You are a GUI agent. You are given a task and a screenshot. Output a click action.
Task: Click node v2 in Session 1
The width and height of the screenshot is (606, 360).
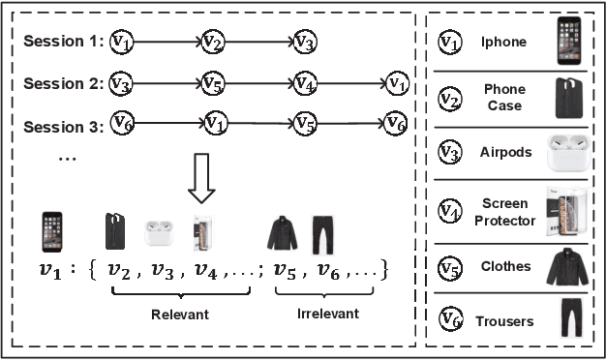point(212,42)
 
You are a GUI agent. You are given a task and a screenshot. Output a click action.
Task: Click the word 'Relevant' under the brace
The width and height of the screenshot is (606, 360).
point(180,314)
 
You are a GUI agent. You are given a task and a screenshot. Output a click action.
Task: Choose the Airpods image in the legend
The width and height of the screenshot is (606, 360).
point(569,152)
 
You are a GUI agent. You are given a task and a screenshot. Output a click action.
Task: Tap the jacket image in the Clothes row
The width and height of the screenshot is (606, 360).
point(569,267)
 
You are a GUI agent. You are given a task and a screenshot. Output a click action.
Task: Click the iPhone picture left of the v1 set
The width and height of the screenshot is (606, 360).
point(54,232)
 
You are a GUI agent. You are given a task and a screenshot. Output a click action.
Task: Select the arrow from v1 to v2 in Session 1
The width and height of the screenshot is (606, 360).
point(166,42)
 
